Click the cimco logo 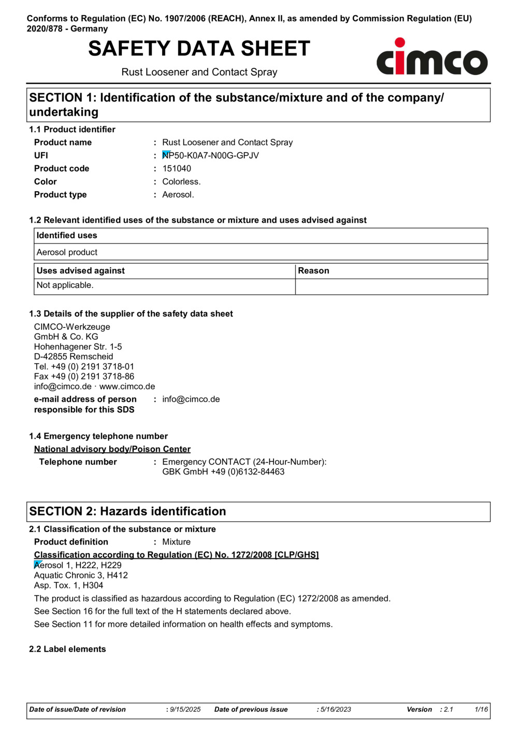click(431, 58)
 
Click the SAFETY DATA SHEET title click(199, 49)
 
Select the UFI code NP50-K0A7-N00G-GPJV click(210, 155)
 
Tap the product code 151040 click(177, 168)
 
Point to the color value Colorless click(181, 182)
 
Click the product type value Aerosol click(178, 195)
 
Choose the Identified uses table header click(67, 236)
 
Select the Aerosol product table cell click(67, 252)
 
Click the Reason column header click(313, 271)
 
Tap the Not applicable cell click(65, 285)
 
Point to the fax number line click(84, 377)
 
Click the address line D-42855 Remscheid click(74, 356)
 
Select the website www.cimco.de click(127, 386)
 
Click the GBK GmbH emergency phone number click(223, 472)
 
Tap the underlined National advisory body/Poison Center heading click(112, 449)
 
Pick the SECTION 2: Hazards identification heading click(127, 511)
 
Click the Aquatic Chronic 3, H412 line click(81, 576)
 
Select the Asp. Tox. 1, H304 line click(68, 585)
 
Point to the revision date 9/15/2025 click(185, 710)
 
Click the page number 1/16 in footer click(481, 710)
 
